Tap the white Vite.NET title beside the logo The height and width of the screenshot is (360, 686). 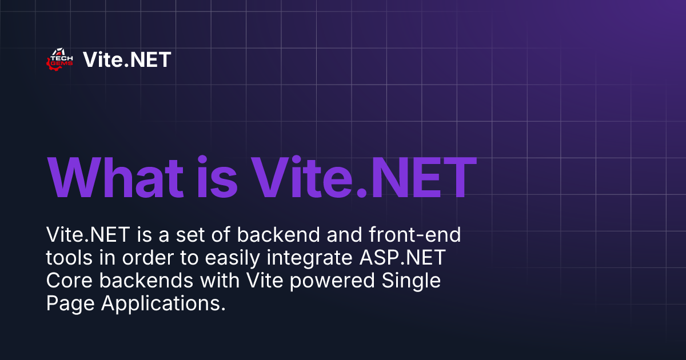127,59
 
